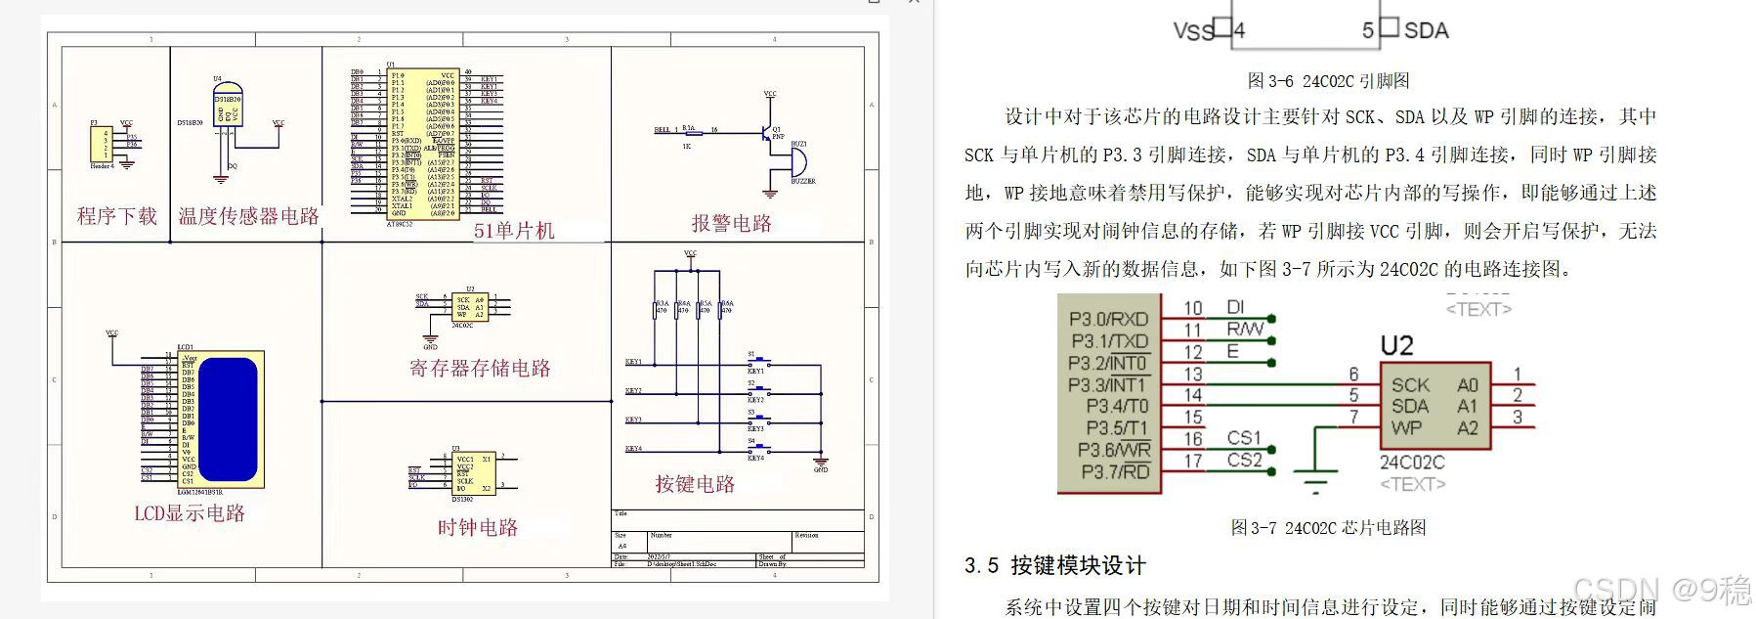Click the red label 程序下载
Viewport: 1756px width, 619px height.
117,216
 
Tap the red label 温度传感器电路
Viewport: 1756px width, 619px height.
248,216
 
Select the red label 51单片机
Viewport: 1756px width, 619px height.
514,231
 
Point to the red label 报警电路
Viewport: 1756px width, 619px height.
732,223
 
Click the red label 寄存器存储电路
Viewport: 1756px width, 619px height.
480,369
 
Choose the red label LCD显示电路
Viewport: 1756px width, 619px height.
190,513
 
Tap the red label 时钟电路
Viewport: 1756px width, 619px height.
478,528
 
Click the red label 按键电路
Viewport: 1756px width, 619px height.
695,484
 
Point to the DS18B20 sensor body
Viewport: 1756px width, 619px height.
227,109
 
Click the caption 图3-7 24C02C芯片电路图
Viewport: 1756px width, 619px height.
1328,528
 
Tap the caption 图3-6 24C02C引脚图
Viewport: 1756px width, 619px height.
1328,81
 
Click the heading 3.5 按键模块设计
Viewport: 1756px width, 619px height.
1054,565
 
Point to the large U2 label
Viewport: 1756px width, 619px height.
1396,346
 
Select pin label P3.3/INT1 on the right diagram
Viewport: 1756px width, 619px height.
1107,385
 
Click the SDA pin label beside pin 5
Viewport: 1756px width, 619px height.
1426,30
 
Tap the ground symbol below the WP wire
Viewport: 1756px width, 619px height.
1316,479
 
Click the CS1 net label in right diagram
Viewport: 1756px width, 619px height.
1244,438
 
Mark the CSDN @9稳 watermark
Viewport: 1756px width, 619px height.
1662,591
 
